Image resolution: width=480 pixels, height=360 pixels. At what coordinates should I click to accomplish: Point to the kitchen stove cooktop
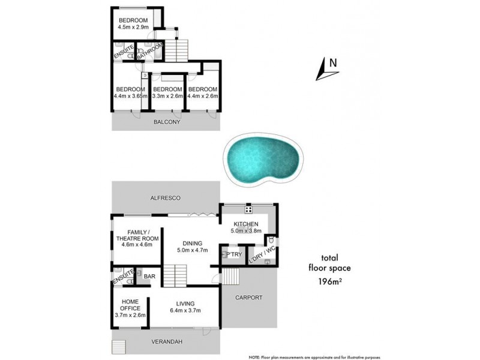pos(248,210)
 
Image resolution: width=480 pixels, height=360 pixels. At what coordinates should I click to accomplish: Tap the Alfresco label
pos(166,197)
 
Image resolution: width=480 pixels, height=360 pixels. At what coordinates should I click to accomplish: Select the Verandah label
pos(166,341)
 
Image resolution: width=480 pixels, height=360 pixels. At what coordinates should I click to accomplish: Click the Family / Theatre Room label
pos(137,235)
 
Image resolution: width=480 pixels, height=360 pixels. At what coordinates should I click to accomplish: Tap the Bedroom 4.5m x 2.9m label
pos(133,20)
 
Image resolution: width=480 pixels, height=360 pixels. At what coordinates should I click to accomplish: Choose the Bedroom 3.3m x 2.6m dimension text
pos(167,95)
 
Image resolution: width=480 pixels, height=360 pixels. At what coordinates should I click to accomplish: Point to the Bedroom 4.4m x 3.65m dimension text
pos(130,95)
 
